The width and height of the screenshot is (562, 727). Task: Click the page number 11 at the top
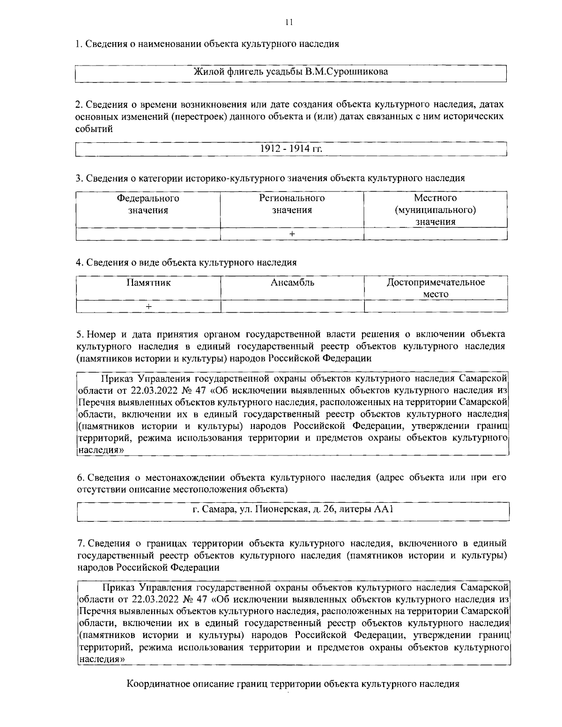tap(288, 22)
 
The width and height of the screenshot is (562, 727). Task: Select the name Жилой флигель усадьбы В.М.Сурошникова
tap(291, 72)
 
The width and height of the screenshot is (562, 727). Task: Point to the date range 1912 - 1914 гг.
tap(291, 148)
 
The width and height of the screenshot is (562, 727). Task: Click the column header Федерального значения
tap(148, 204)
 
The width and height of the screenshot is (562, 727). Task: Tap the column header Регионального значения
tap(292, 204)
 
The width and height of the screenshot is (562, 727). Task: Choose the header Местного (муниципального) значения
tap(436, 210)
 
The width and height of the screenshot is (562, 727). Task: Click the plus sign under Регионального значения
tap(292, 234)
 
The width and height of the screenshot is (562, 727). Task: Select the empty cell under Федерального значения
tap(148, 234)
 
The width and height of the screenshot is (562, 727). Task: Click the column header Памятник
tap(148, 283)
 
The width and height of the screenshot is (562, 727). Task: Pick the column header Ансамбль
tap(292, 283)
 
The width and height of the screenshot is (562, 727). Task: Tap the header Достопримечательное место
tap(436, 288)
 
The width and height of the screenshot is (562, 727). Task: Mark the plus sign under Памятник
tap(148, 306)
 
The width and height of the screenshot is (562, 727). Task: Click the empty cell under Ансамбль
tap(292, 306)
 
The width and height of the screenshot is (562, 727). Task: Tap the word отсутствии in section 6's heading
tap(99, 490)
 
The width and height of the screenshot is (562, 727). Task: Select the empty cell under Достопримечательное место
tap(436, 306)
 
